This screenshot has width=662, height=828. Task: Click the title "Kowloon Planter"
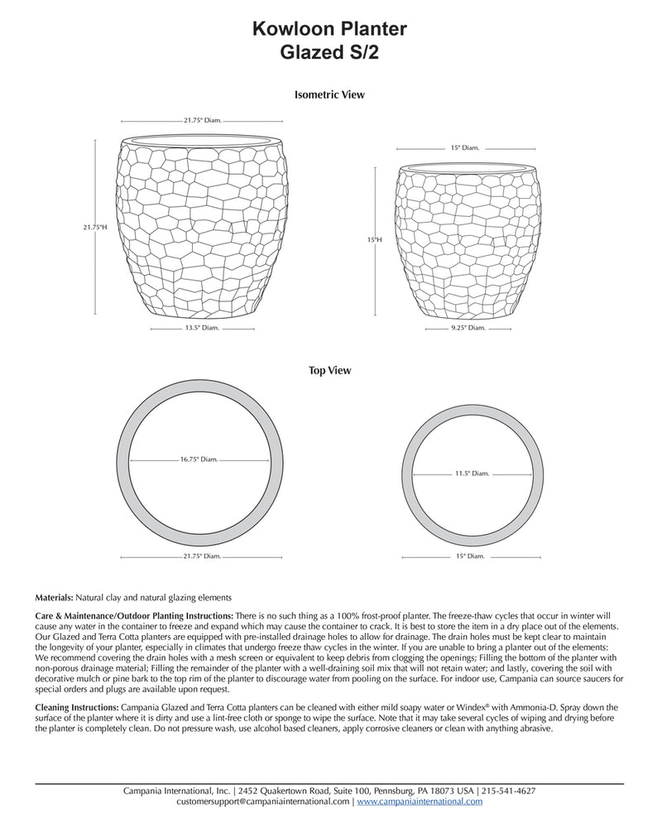329,30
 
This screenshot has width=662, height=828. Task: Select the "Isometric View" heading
329,94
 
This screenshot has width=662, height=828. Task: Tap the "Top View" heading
329,371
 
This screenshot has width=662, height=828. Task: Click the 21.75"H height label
95,226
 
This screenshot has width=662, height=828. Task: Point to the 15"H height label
374,239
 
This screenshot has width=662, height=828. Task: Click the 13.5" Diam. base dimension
201,328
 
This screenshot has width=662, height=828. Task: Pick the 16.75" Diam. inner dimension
199,459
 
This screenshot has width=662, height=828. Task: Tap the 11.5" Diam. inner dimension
472,474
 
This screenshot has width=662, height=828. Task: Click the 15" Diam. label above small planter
465,147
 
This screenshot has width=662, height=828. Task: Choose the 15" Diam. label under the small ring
469,556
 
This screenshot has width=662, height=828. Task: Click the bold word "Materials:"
55,597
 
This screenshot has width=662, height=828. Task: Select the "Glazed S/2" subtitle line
329,52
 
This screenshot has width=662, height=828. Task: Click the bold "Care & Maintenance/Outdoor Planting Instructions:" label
134,617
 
